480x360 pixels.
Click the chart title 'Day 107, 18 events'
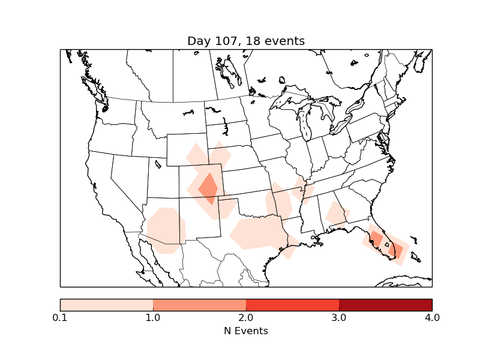246,41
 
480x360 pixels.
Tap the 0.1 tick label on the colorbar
60,317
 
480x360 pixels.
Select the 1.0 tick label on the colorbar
153,317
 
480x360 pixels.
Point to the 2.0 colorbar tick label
246,317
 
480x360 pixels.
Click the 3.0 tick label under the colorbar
339,317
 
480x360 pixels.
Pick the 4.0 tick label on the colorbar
432,317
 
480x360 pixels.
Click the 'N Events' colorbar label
246,331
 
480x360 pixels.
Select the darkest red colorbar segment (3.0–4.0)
385,305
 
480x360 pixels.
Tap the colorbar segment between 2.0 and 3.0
292,305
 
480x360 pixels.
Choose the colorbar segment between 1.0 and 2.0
199,305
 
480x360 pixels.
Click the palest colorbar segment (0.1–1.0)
106,305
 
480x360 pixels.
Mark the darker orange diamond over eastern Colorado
209,188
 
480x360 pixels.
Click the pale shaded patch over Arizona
166,230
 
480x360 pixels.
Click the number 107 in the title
226,41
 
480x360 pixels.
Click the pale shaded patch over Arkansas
281,202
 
